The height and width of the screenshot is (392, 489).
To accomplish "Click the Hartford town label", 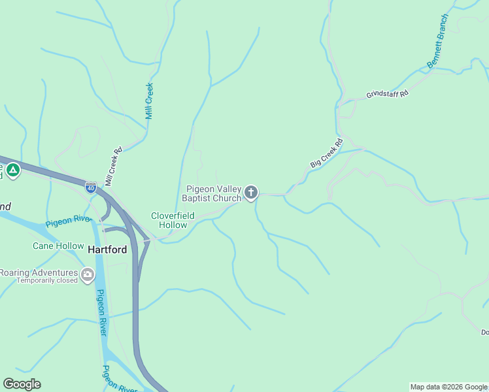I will point(107,250).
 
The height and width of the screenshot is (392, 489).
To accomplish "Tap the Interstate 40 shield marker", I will point(91,188).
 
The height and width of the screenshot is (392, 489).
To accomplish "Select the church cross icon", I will point(251,193).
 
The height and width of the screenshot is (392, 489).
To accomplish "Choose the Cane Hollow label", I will point(58,246).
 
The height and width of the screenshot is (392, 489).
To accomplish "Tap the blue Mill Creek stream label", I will point(149,100).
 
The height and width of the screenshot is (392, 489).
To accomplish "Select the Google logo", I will point(22,384).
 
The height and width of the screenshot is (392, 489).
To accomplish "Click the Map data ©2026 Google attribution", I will point(448,387).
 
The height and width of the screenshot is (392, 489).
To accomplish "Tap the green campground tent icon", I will point(13,171).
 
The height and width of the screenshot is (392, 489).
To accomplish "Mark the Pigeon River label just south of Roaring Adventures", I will point(101,312).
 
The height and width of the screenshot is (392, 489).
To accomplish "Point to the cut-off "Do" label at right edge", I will point(484,333).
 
